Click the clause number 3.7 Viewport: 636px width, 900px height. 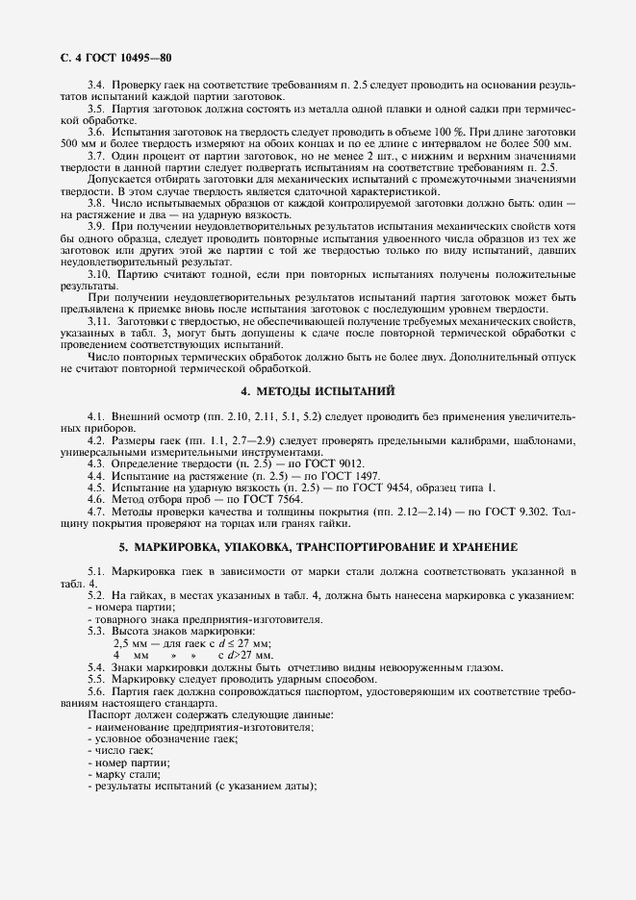[95, 155]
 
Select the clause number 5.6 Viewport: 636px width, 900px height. [95, 690]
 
